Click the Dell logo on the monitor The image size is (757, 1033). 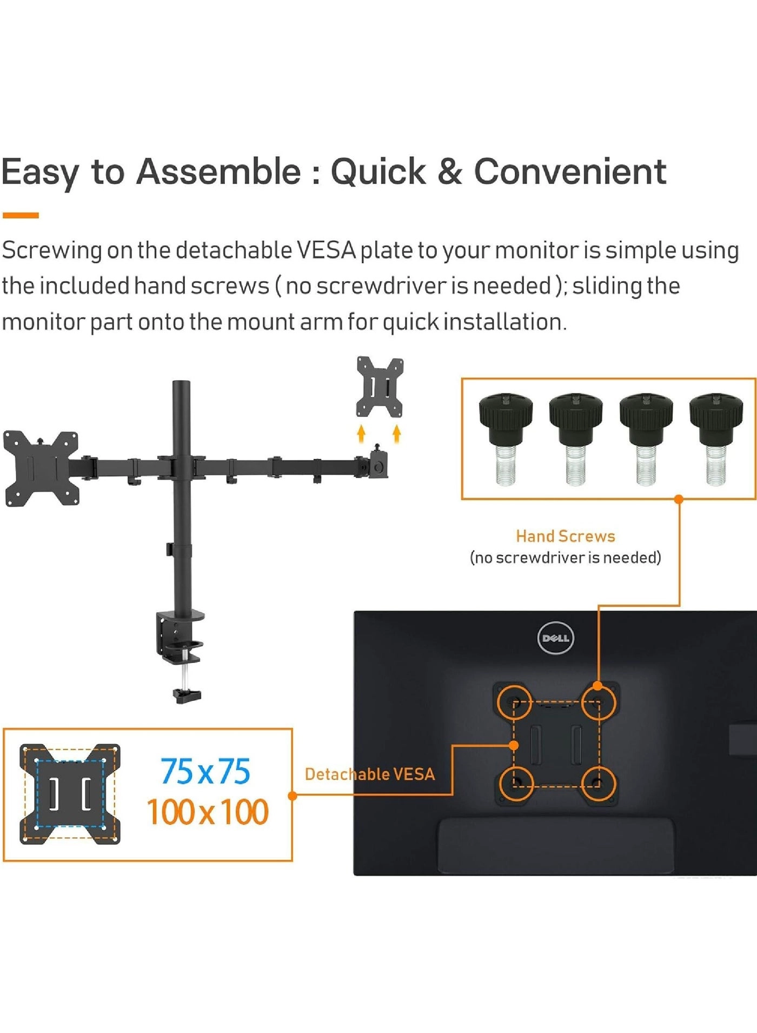tap(555, 638)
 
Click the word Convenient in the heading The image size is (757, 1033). tap(570, 172)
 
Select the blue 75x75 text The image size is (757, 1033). tap(205, 771)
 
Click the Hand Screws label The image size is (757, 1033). tap(566, 536)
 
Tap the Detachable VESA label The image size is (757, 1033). tap(370, 774)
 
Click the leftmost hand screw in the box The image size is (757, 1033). tap(506, 438)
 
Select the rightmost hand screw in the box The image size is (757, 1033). tap(716, 438)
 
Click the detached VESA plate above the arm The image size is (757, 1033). tap(380, 387)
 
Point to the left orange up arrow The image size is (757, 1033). tap(361, 433)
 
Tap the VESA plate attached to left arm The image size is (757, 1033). tap(41, 468)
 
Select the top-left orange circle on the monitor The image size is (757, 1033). tap(514, 702)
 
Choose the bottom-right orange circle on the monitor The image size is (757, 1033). tap(598, 784)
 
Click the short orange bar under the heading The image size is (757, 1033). tap(21, 215)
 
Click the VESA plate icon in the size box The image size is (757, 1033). tap(70, 793)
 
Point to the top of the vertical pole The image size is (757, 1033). tap(181, 385)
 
